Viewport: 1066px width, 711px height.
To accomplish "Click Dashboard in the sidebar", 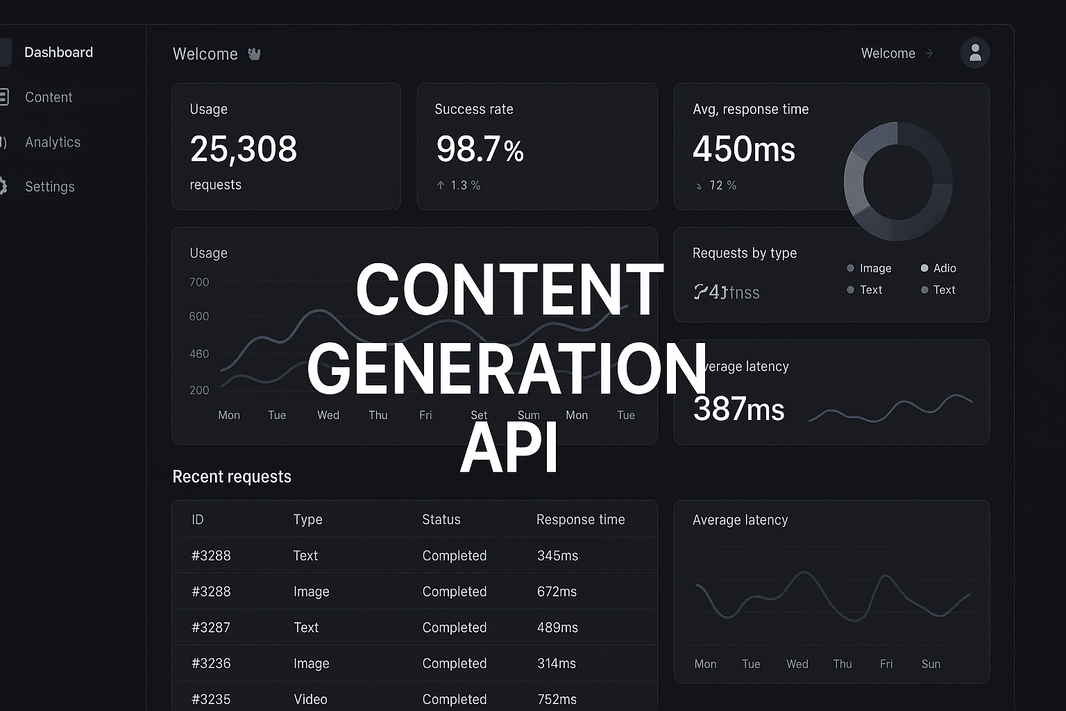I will tap(58, 53).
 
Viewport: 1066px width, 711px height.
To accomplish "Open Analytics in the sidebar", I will tap(53, 142).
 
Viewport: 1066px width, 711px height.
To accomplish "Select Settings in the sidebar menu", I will tap(49, 187).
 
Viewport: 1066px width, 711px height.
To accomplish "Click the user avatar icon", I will tap(975, 53).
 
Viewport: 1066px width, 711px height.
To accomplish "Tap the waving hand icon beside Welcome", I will tap(254, 54).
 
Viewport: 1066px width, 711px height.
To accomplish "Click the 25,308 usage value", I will tap(244, 149).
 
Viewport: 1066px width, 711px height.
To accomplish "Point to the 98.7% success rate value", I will tap(480, 149).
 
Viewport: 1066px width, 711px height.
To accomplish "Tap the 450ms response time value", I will tap(744, 149).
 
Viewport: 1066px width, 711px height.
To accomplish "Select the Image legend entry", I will tap(874, 269).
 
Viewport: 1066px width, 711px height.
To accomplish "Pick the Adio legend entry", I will tap(944, 269).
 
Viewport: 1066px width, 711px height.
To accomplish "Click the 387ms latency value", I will tap(738, 409).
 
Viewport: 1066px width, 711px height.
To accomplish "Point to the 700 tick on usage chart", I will tap(199, 283).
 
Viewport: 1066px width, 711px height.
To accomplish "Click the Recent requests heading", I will tap(232, 477).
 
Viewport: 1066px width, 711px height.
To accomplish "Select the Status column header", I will tap(441, 520).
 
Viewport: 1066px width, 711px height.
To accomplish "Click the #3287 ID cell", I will tap(211, 628).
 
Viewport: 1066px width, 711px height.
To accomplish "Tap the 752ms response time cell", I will tap(557, 699).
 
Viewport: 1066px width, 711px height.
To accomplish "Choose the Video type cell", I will tap(310, 699).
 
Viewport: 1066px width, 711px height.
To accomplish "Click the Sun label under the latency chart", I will tap(931, 664).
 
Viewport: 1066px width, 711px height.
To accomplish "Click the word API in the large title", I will tap(509, 449).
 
